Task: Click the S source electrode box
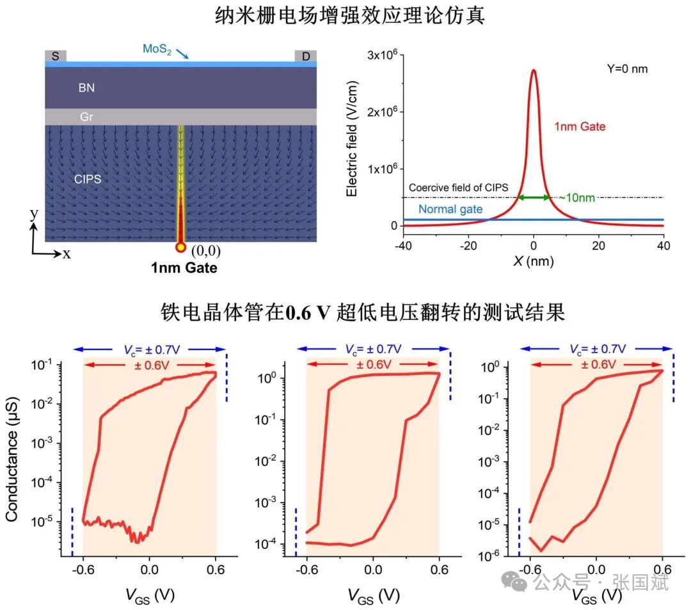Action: (55, 56)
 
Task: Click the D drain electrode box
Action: (306, 56)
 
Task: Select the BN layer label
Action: (86, 88)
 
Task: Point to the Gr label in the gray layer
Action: (86, 117)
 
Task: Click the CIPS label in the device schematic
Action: (88, 179)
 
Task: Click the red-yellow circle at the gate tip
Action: (181, 247)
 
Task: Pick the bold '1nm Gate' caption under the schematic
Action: (184, 268)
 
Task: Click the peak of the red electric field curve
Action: (534, 70)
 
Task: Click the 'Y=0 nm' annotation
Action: (627, 68)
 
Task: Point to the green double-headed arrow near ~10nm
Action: (534, 197)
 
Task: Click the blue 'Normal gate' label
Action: (450, 209)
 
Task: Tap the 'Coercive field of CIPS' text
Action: (458, 188)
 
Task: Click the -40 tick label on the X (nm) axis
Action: (402, 246)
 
